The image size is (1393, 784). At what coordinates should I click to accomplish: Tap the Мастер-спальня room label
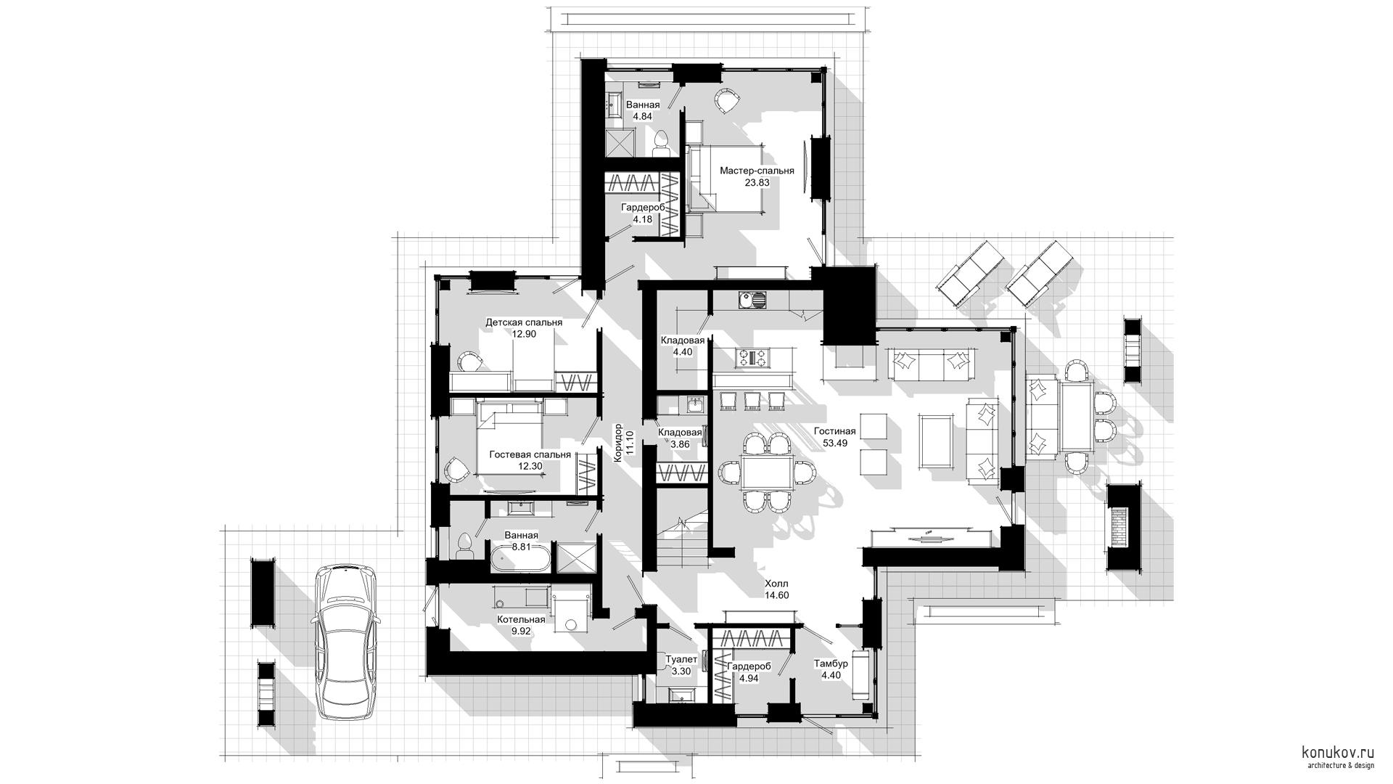[757, 171]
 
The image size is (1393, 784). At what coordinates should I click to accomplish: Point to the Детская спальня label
[524, 322]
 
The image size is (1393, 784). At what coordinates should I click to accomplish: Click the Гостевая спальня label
[530, 454]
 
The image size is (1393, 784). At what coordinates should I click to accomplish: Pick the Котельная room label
[521, 620]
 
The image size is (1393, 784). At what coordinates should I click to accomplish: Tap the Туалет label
[681, 660]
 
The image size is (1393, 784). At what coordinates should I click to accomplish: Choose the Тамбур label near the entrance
[831, 663]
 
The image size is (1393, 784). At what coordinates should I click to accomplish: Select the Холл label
[776, 584]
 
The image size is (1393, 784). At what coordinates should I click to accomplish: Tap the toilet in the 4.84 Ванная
[661, 143]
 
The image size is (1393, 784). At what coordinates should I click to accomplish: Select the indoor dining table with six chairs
[767, 473]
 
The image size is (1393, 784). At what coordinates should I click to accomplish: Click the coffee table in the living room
[935, 440]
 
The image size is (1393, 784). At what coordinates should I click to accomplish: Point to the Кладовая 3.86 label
[680, 438]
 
